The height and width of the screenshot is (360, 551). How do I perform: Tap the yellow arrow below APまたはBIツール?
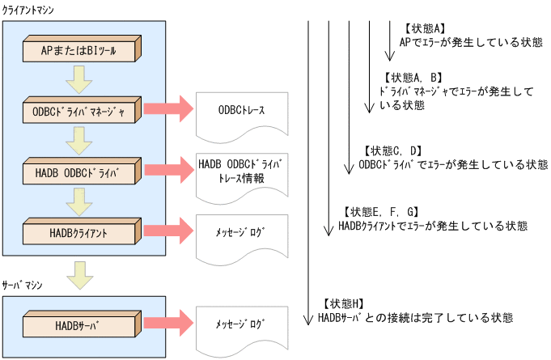78,80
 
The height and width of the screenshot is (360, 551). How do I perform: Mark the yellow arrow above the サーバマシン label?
78,273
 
